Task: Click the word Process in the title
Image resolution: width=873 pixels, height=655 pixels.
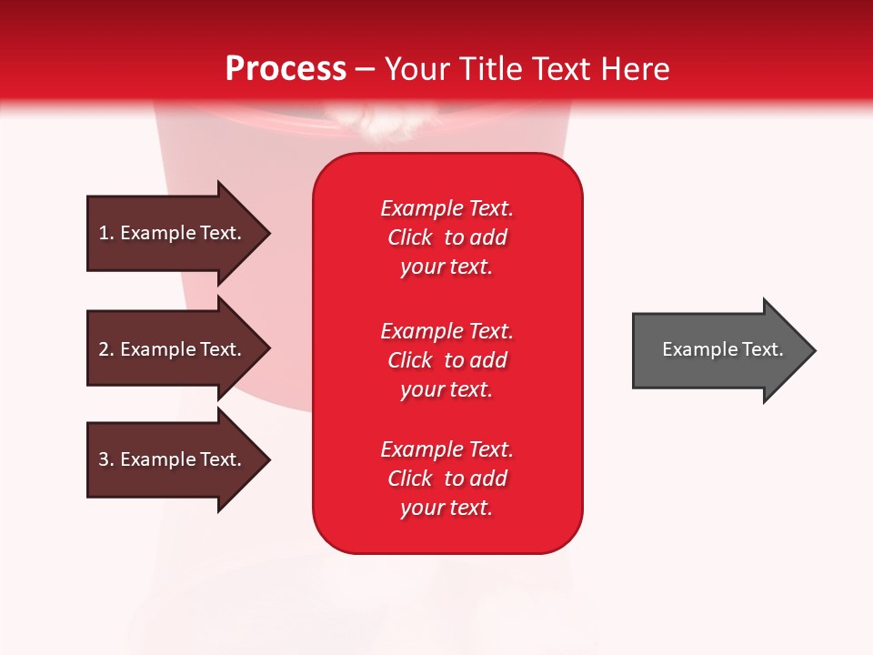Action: click(x=286, y=69)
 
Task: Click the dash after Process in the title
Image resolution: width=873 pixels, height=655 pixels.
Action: click(x=365, y=70)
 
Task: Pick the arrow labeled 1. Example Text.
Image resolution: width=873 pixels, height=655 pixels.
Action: click(x=179, y=234)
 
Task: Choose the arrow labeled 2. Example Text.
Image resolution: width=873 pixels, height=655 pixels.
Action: click(x=179, y=348)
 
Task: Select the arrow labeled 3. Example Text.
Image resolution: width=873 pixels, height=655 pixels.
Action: click(x=179, y=459)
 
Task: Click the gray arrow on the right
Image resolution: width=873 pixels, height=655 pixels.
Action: click(x=725, y=350)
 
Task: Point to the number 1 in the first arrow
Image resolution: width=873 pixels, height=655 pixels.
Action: click(x=104, y=233)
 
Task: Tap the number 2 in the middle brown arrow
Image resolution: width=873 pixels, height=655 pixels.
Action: click(x=104, y=349)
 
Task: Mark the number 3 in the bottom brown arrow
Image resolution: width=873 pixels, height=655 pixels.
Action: click(x=104, y=458)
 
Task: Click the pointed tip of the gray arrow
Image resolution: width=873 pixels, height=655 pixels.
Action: click(x=816, y=350)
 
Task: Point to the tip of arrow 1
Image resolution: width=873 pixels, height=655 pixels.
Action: click(x=271, y=234)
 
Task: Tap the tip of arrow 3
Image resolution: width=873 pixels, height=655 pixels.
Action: click(x=271, y=460)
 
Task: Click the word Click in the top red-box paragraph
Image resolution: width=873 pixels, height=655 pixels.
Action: click(x=410, y=237)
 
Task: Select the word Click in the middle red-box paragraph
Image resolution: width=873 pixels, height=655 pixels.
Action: click(x=410, y=360)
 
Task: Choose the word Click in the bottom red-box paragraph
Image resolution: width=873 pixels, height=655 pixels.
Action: click(x=410, y=479)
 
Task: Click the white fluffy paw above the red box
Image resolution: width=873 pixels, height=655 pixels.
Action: click(x=377, y=120)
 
